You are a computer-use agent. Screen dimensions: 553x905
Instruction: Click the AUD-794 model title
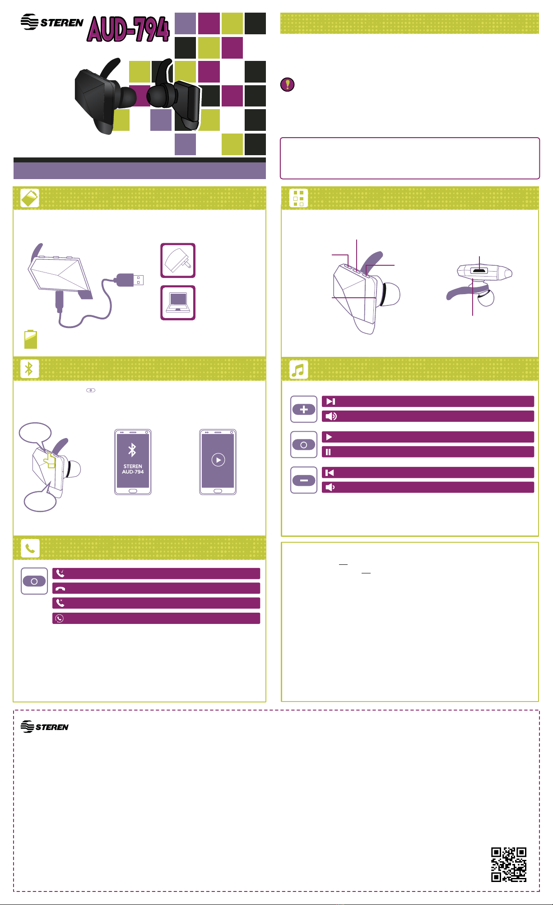(128, 29)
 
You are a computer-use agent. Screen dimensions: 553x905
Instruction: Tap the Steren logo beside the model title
(52, 22)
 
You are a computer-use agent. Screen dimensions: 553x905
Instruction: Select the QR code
(509, 864)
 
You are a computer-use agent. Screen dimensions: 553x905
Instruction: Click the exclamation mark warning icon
(288, 84)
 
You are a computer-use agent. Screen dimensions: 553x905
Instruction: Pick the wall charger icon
(178, 261)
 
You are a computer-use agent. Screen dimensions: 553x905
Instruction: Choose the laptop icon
(178, 303)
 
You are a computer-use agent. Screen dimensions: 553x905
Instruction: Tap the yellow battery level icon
(31, 339)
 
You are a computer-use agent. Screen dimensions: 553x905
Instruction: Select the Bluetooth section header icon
(30, 369)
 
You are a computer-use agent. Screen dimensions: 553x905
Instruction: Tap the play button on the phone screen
(218, 460)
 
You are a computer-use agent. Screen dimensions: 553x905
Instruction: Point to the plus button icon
(304, 409)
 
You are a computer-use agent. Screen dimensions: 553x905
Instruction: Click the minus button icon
(304, 480)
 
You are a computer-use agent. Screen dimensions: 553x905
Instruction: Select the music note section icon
(298, 369)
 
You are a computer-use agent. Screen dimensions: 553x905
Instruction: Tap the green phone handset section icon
(30, 548)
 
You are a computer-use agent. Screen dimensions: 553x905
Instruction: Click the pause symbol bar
(428, 452)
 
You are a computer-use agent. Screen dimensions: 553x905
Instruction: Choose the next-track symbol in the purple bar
(331, 402)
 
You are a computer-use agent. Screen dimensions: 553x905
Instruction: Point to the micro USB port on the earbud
(479, 271)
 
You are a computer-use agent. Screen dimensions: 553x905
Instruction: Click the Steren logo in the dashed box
(45, 726)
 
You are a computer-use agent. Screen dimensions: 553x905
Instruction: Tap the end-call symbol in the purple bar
(60, 588)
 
